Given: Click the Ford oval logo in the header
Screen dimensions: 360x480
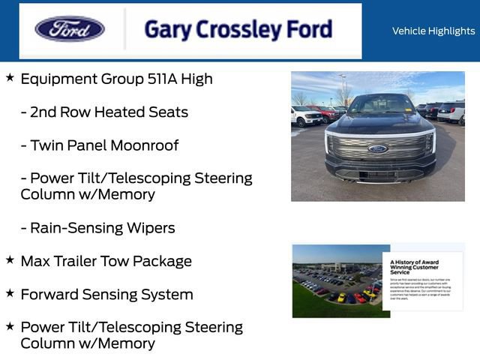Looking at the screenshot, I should tap(70, 29).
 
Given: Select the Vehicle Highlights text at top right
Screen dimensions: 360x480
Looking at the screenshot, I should tap(433, 31).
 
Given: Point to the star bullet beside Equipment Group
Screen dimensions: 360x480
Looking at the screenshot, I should tap(10, 77).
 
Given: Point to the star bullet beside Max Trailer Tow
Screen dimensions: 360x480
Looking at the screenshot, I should tap(10, 259).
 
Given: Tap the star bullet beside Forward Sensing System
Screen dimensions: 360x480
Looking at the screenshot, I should tap(10, 292).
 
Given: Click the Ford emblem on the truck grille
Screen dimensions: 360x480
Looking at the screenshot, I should tap(378, 148).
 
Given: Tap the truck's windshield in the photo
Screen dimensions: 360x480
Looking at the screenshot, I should tap(381, 105).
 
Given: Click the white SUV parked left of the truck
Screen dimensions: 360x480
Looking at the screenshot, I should tap(306, 116).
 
